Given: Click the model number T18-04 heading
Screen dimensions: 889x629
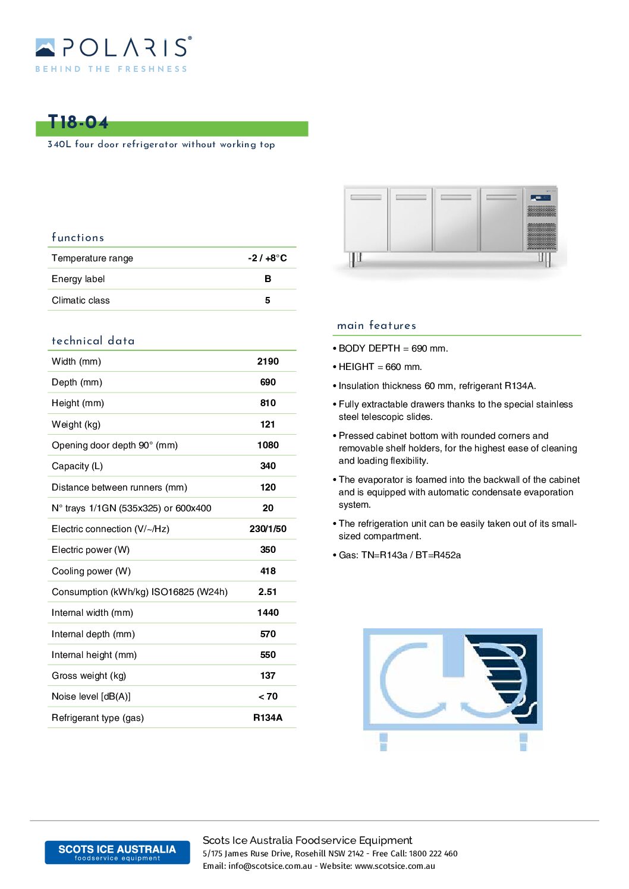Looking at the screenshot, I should click(78, 122).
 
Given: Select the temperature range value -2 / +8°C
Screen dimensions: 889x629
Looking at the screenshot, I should click(268, 258).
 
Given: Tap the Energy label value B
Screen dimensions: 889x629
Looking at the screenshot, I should click(268, 279).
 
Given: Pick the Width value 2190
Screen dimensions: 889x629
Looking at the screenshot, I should click(268, 362).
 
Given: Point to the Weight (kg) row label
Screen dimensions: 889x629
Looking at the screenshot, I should click(76, 425).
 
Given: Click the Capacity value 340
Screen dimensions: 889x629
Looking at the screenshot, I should click(268, 466).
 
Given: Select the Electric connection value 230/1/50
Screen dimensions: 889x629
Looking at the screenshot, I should click(268, 529).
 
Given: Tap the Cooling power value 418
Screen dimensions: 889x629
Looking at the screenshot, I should click(268, 571).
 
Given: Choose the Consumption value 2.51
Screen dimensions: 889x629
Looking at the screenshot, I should click(268, 592).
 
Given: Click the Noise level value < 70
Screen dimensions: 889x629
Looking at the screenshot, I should click(268, 697).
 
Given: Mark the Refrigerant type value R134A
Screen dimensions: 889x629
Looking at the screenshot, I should click(268, 718).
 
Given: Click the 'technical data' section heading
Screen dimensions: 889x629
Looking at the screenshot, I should click(93, 341).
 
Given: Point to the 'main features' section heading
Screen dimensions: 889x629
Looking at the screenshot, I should click(376, 325).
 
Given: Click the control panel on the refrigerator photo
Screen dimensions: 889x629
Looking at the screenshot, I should click(540, 198).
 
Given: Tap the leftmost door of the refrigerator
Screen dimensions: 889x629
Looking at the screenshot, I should click(366, 220).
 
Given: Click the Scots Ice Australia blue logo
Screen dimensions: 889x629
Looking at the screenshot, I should click(117, 852).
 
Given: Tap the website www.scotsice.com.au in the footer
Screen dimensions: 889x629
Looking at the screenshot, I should click(395, 866).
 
